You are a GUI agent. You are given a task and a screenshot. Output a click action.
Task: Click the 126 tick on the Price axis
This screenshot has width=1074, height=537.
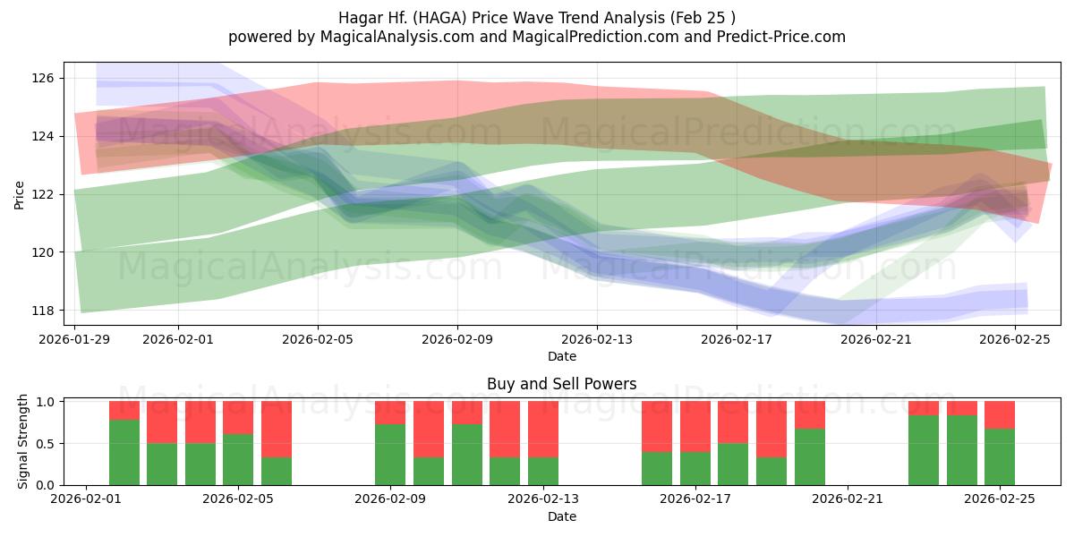coord(44,79)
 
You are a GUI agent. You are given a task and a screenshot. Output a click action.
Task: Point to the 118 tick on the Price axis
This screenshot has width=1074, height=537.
coord(44,311)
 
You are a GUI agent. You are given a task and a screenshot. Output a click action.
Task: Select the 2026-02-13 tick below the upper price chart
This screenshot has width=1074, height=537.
coord(597,339)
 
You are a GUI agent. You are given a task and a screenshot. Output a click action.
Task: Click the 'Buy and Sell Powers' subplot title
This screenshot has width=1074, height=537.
coord(561,384)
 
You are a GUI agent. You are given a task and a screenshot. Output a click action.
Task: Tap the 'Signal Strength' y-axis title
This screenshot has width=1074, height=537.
coord(22,443)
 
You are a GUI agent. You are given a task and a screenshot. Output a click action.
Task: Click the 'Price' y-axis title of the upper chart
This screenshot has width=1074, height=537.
coord(20,194)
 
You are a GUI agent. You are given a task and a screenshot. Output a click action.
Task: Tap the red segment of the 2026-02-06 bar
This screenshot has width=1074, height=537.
coord(277,429)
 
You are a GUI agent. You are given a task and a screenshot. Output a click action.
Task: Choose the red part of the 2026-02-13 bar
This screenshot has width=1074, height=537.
coord(543,429)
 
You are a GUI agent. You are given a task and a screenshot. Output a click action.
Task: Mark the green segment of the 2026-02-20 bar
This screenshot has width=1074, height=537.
coord(810,456)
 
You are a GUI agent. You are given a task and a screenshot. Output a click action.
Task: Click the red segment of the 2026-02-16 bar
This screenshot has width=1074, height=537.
coord(657,426)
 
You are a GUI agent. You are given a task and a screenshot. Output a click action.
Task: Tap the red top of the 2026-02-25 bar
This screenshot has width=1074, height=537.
coord(1000,414)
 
